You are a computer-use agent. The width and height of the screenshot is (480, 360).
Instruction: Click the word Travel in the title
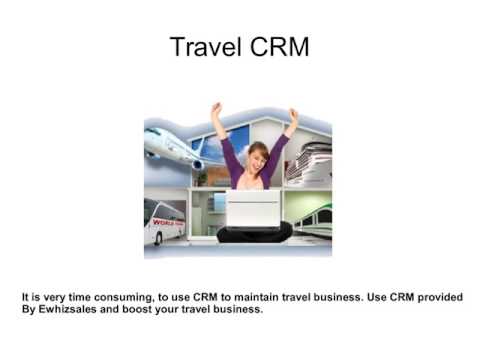click(206, 46)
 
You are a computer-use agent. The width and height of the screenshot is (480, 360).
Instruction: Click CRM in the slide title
click(279, 46)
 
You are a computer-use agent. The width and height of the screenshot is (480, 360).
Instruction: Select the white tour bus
click(165, 221)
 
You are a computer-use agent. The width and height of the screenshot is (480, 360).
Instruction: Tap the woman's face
click(258, 159)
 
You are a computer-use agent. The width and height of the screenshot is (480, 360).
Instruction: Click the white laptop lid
click(253, 209)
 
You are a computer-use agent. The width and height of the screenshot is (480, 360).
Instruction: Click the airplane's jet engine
click(198, 164)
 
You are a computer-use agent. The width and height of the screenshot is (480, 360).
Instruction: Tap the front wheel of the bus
click(159, 238)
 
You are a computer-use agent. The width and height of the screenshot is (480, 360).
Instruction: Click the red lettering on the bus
click(168, 222)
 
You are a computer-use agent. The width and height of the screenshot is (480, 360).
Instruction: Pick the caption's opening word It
click(25, 297)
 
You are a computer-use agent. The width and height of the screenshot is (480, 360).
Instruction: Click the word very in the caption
click(55, 297)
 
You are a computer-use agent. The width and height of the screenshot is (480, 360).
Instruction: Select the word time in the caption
click(79, 297)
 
